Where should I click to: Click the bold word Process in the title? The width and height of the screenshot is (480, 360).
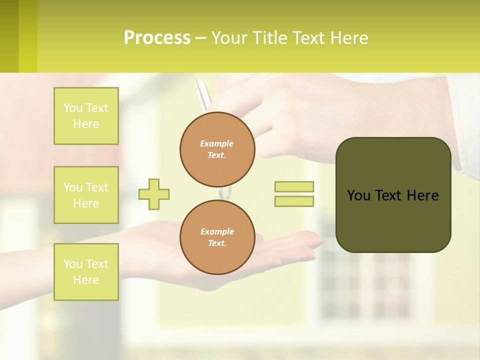(x=157, y=38)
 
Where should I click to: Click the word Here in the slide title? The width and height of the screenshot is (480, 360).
(x=349, y=38)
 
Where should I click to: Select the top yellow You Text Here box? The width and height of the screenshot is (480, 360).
(x=86, y=116)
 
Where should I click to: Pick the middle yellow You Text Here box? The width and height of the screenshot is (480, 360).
(x=86, y=195)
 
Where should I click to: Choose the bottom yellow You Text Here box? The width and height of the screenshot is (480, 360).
(x=86, y=271)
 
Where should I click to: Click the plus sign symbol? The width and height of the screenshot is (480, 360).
(x=154, y=194)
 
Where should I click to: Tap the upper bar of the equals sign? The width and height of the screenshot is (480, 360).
(x=294, y=186)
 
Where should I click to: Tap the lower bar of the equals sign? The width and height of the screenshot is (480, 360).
(x=294, y=201)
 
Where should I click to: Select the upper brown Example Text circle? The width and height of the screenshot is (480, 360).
(x=217, y=149)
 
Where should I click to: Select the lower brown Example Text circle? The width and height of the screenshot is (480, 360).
(x=217, y=237)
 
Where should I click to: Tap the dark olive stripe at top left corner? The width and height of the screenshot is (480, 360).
(x=9, y=36)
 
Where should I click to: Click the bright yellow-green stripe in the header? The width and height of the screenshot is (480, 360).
(x=28, y=36)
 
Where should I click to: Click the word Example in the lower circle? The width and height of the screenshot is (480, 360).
(x=217, y=231)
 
